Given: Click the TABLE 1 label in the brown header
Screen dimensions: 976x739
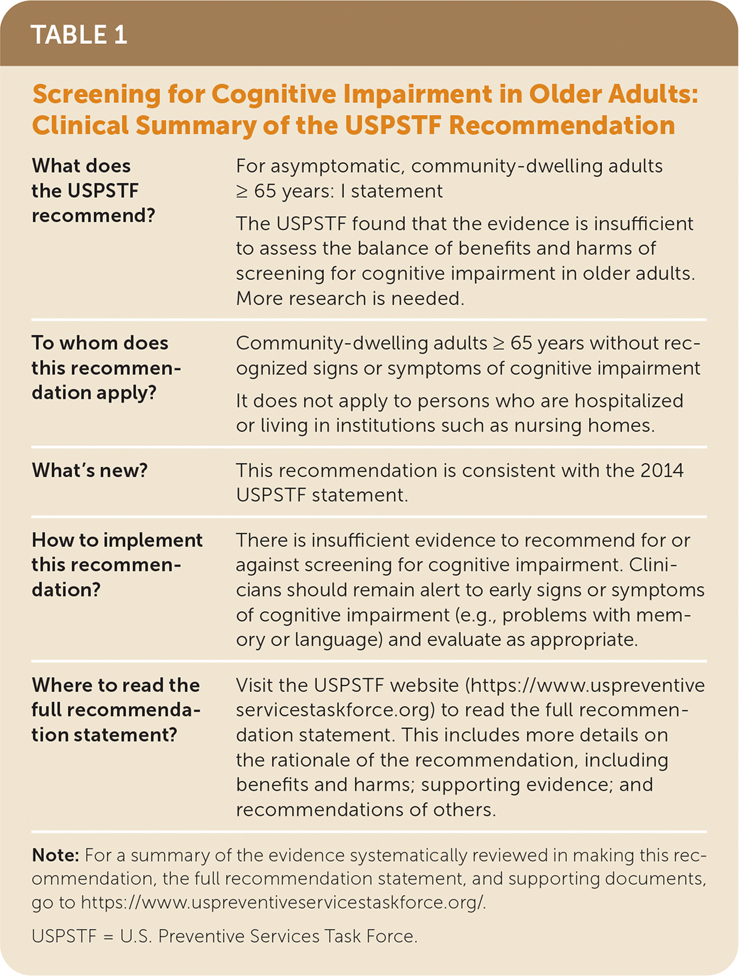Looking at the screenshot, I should [78, 35].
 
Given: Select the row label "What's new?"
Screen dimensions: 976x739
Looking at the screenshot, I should [90, 470].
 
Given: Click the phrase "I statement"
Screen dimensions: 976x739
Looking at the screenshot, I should [391, 191].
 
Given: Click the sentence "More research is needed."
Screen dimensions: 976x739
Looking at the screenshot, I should [350, 298].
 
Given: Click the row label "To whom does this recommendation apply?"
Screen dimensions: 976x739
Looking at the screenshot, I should [106, 367].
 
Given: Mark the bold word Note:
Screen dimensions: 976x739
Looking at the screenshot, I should [55, 855].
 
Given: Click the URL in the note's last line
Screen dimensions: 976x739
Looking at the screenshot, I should [283, 903].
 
